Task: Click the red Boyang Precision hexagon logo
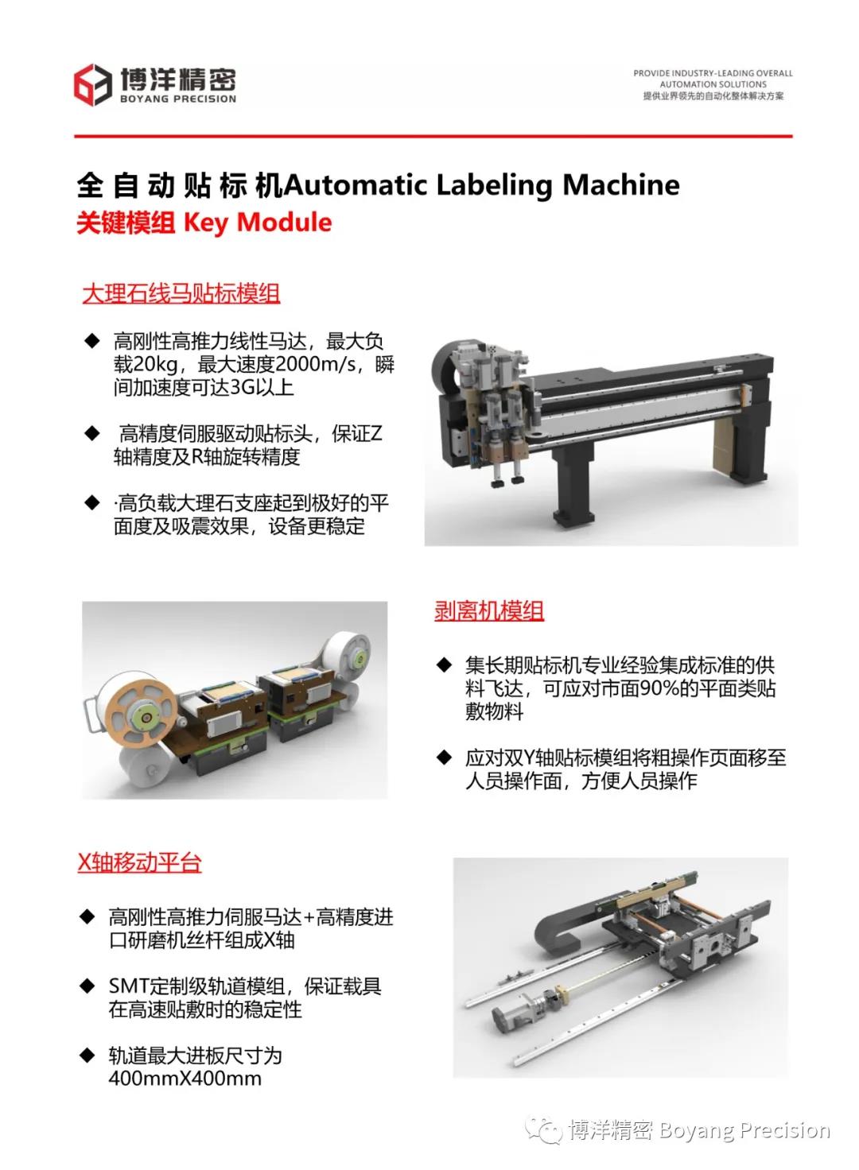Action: click(92, 84)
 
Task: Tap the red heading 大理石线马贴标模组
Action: click(181, 293)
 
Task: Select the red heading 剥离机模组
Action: click(489, 610)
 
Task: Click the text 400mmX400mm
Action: click(185, 1079)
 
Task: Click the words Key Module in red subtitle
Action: click(258, 223)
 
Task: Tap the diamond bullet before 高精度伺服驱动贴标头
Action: click(92, 433)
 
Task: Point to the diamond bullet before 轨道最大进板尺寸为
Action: click(87, 1056)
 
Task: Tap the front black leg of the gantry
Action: click(573, 485)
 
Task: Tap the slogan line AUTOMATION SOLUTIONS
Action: click(713, 84)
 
